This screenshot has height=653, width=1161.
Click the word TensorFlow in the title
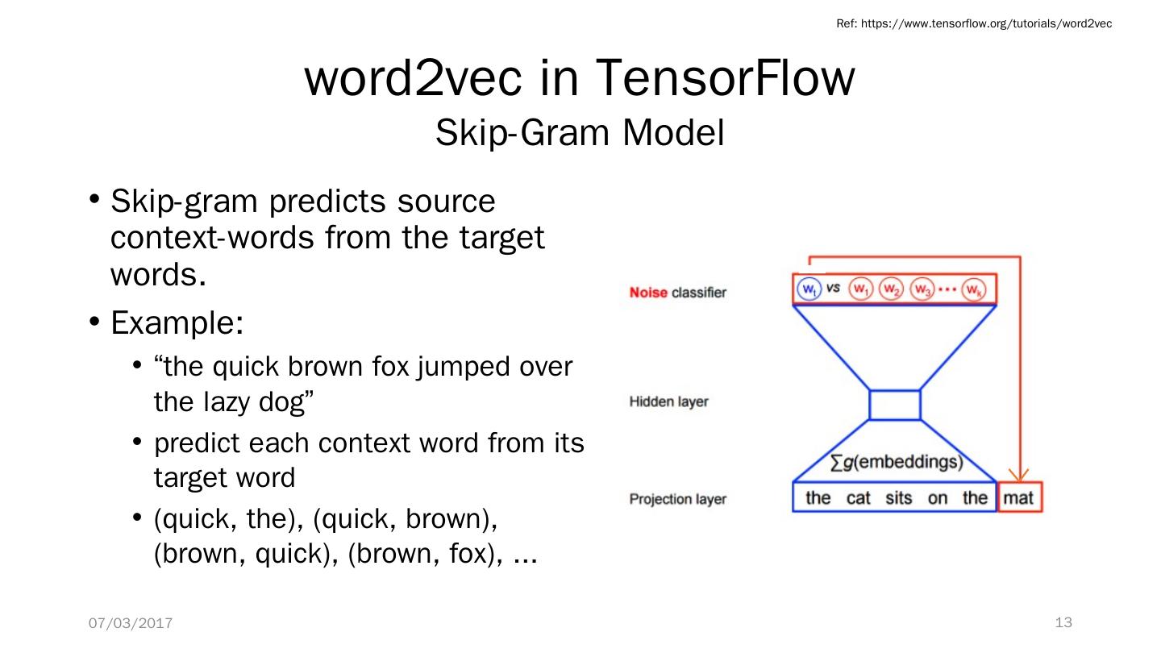point(724,78)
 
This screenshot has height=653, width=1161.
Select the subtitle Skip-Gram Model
point(580,133)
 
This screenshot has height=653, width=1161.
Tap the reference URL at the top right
point(974,23)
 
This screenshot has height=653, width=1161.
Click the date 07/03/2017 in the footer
point(131,623)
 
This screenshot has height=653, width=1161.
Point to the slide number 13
point(1063,622)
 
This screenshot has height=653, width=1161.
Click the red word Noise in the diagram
point(648,292)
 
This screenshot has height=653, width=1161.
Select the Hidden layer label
point(668,401)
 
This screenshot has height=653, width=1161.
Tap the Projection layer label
point(677,499)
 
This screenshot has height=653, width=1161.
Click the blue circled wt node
point(809,289)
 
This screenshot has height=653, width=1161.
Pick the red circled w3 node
point(922,289)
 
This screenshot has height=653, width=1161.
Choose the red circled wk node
point(974,289)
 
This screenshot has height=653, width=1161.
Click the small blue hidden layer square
point(895,405)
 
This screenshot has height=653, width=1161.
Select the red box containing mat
point(1018,497)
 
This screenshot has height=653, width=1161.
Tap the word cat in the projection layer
point(858,498)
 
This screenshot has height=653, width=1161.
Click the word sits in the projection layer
point(898,498)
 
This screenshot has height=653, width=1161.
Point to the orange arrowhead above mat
point(1019,475)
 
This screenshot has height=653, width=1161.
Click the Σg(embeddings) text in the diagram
point(897,462)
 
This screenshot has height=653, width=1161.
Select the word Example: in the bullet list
point(177,322)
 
